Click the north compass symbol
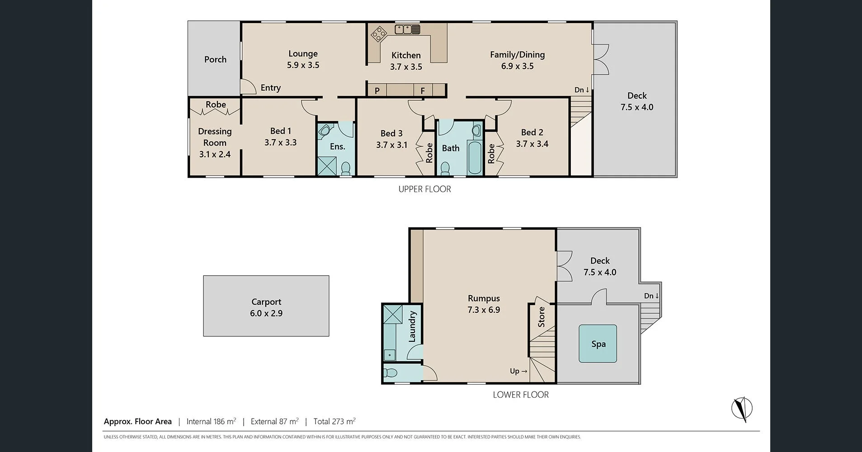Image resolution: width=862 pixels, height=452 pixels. tap(742, 409)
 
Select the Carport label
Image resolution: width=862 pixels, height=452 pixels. tap(266, 301)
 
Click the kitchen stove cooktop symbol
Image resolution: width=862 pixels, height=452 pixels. tap(378, 34)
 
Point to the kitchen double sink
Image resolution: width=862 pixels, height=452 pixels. tap(407, 29)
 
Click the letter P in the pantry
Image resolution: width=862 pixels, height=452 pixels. tap(377, 91)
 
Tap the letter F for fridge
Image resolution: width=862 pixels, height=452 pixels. tap(423, 91)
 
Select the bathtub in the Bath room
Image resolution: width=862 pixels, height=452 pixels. tap(475, 158)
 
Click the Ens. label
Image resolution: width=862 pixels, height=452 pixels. tap(337, 146)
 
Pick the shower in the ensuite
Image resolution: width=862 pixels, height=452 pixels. tap(326, 166)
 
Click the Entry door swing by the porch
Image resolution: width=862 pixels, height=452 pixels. tap(247, 87)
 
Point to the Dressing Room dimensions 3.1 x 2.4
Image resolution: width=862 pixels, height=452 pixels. tap(215, 154)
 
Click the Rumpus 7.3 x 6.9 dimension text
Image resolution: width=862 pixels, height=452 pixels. tap(484, 310)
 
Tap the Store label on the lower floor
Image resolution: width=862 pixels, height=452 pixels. tap(542, 317)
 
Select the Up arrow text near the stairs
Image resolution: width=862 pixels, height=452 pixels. tap(518, 371)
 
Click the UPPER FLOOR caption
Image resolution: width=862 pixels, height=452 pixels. tap(424, 189)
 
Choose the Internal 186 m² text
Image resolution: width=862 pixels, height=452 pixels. tap(211, 421)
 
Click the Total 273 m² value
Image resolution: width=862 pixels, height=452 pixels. tap(334, 421)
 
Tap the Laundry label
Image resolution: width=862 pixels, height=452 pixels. tap(412, 326)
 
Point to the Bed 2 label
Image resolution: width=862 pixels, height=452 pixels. tap(532, 132)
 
